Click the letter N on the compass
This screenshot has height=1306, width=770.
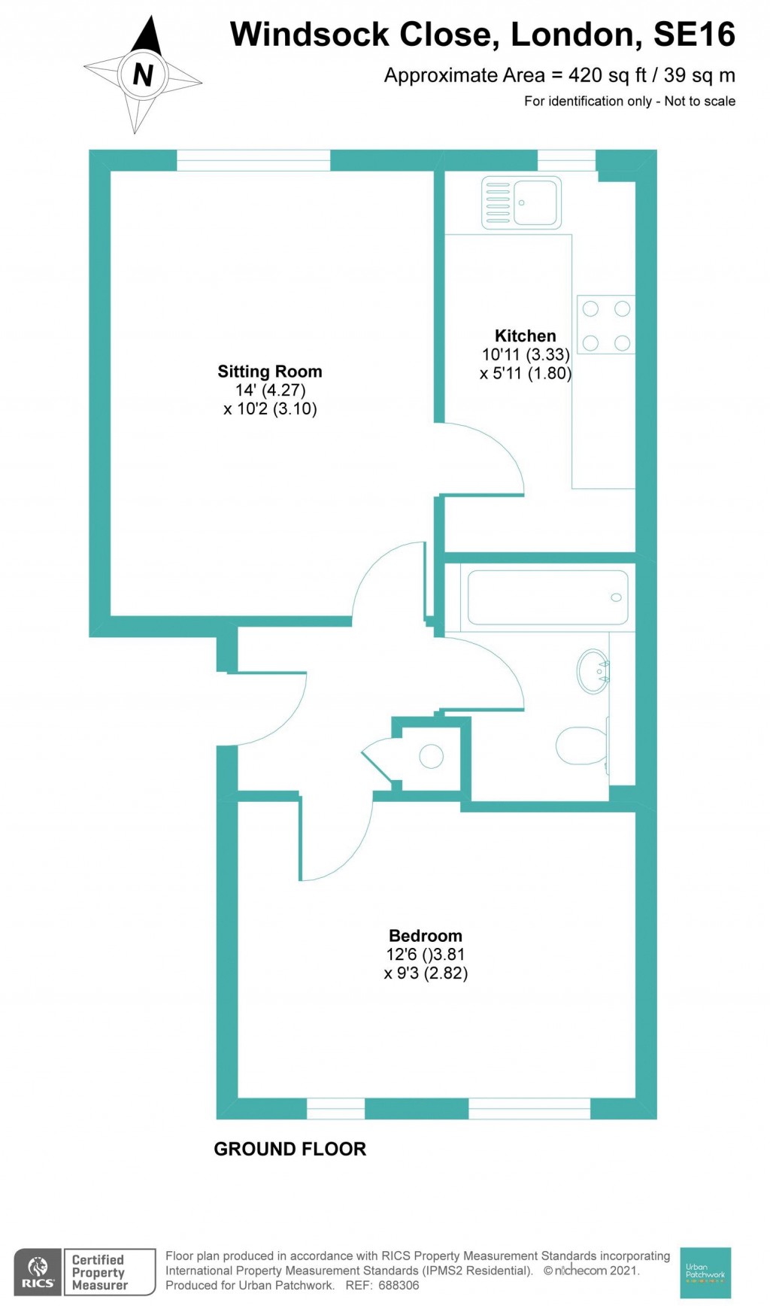pos(142,74)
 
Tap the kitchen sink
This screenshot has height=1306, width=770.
pos(521,202)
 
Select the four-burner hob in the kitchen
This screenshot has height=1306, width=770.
pos(606,326)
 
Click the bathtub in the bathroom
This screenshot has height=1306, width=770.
pos(547,597)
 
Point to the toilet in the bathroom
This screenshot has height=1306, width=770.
pos(581,746)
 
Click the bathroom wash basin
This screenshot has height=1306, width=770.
pos(593,671)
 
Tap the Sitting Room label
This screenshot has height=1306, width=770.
pos(269,372)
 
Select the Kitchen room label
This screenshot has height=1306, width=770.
pos(525,336)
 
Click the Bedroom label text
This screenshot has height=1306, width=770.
pos(425,936)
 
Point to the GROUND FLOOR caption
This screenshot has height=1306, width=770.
pos(290,1149)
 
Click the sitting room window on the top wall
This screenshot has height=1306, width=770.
pos(253,160)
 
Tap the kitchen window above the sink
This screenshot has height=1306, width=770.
pos(566,160)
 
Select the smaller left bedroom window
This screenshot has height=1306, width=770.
pos(335,1108)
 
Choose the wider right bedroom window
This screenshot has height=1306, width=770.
pos(529,1108)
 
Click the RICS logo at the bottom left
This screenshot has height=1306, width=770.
pos(37,1272)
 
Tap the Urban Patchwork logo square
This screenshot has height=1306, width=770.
pos(705,1272)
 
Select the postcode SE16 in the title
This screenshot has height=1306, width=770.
pos(693,35)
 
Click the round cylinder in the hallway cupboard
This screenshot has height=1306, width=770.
pos(431,756)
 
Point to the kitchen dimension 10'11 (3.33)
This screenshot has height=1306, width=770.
pos(525,354)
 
